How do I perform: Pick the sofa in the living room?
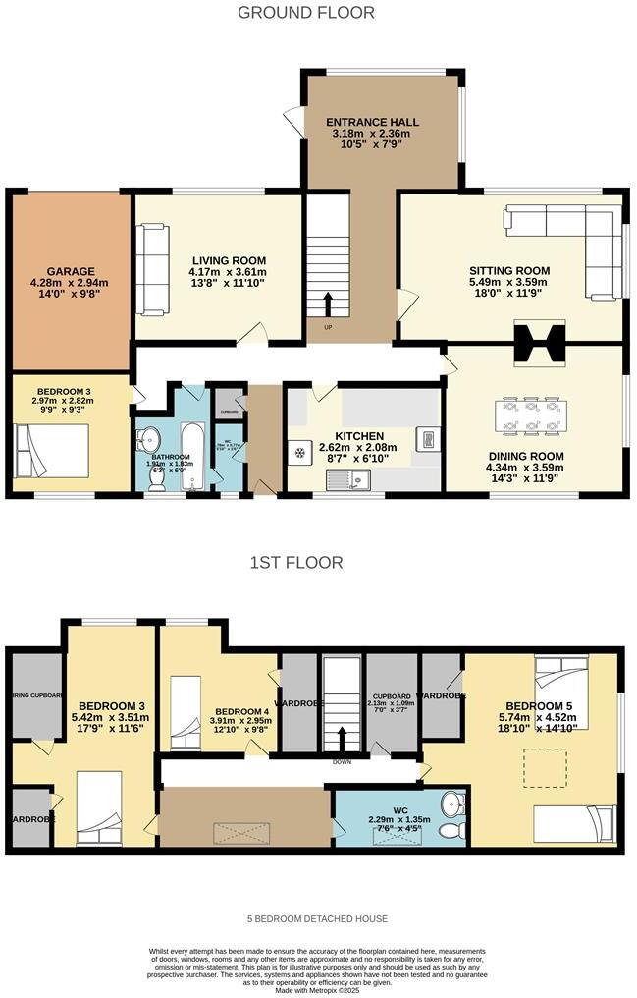151,257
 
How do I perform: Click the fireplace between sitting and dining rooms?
540,344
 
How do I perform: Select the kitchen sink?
348,479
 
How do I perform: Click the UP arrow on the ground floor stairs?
326,304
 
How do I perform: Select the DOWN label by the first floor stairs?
343,762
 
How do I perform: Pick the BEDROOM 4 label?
241,712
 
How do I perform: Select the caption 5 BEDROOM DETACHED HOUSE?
318,919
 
